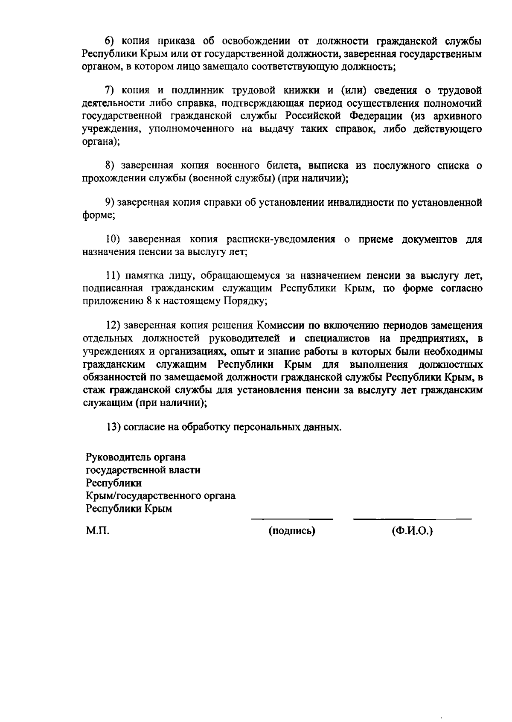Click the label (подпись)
click(292, 532)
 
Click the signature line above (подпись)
click(292, 519)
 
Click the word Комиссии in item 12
click(280, 326)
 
